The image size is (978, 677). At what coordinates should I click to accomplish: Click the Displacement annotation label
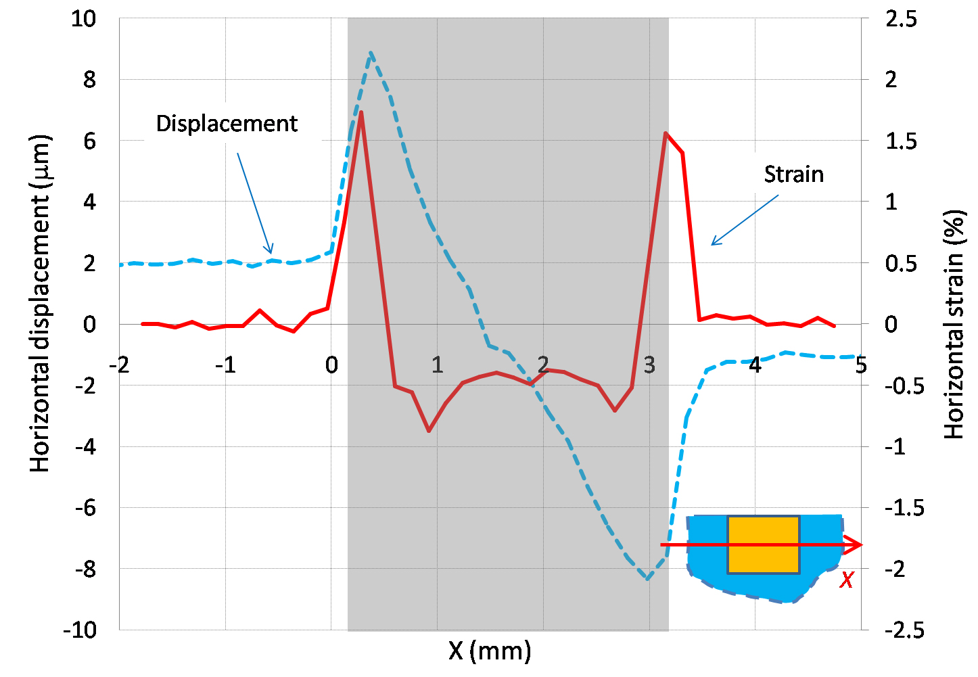point(227,124)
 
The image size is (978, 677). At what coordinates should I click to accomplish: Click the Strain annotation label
point(793,174)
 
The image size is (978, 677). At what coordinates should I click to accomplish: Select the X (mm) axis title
point(490,651)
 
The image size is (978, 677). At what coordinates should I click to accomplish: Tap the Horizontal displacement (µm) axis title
point(41,303)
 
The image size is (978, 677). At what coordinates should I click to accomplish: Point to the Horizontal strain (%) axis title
point(954,325)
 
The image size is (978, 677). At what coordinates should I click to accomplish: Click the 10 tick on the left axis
point(83,19)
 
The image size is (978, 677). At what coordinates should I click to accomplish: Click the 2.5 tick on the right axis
point(901,19)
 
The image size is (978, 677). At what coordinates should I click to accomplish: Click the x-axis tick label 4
point(755,366)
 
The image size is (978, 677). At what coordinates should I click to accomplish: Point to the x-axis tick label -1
point(225,366)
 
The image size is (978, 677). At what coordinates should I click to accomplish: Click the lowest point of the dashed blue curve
point(649,579)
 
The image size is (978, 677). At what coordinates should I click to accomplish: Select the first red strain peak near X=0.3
point(361,112)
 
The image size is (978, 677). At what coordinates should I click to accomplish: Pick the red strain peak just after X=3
point(666,133)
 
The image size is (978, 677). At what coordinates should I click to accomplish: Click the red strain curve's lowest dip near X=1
point(429,430)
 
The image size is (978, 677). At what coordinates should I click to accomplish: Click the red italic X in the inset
point(846,580)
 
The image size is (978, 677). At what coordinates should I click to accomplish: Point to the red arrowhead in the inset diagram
point(856,544)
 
